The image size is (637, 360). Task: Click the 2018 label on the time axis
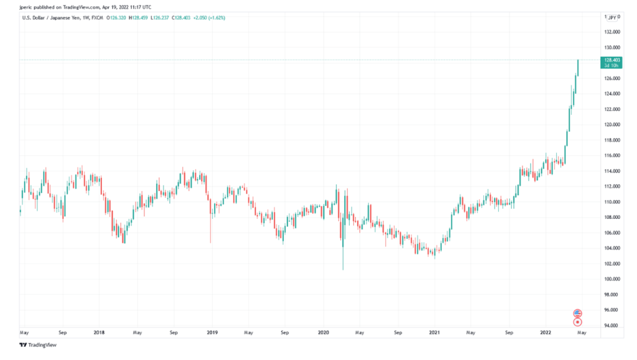pos(99,333)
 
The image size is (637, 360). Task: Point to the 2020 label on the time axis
pos(323,333)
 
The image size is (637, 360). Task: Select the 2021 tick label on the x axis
pos(435,333)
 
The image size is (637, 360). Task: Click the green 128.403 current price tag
pos(610,60)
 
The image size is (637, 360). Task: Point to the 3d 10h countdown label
pos(610,65)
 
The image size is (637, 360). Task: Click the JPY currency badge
pos(611,17)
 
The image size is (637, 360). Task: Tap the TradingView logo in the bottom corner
pos(39,344)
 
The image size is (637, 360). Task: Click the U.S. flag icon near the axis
pos(578,313)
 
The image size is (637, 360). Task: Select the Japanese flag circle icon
pos(578,321)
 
